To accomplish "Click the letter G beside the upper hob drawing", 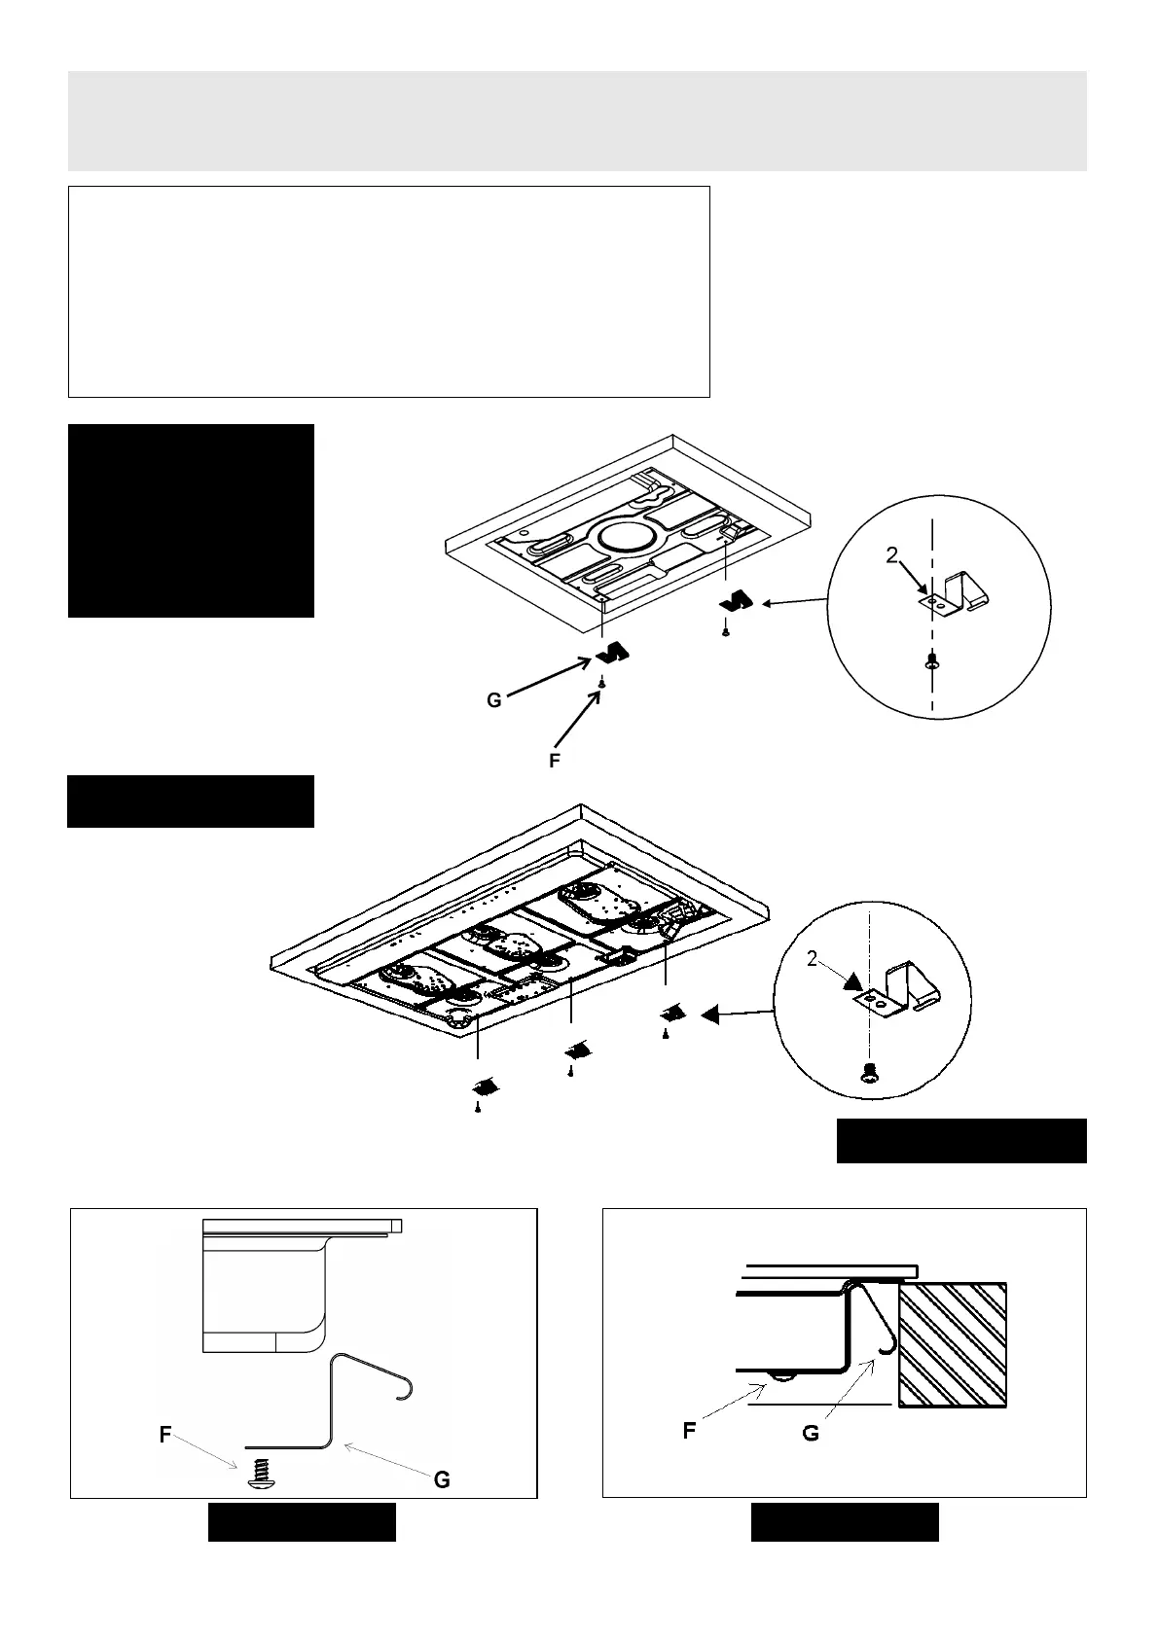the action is point(494,700).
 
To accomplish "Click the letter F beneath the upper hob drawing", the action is point(555,762).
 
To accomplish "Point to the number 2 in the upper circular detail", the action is point(891,555).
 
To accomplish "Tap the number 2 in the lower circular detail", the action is point(813,960).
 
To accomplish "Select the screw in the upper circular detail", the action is point(931,661).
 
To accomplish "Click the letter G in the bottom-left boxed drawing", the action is point(441,1480).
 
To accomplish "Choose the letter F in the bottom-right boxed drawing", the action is point(689,1431).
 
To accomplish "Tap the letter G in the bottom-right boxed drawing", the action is point(811,1434).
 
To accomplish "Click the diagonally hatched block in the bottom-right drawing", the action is point(952,1344).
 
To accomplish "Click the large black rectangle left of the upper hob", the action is point(191,520).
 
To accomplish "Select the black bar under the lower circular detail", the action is point(961,1141).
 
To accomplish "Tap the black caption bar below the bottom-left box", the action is point(302,1522).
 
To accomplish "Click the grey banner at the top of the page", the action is point(577,121).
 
